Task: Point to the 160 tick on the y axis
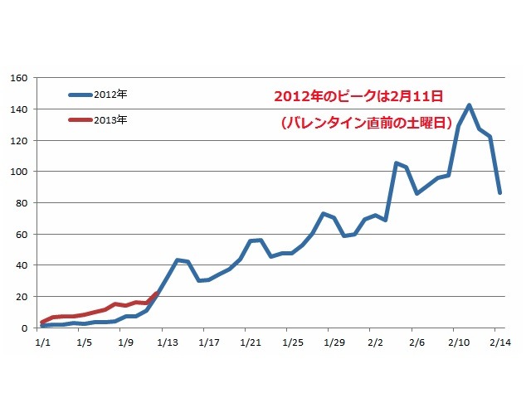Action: tap(19, 78)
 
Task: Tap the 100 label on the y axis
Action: tap(19, 172)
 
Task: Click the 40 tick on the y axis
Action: tap(22, 265)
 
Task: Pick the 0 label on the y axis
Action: tap(25, 328)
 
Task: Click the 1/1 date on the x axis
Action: tap(41, 341)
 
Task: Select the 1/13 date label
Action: tap(167, 341)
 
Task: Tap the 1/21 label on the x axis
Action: tap(250, 341)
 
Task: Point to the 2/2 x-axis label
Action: tap(374, 341)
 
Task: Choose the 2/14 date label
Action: tap(499, 341)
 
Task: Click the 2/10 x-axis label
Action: tap(457, 341)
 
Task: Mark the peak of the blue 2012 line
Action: tap(470, 105)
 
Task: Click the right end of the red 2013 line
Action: tap(156, 293)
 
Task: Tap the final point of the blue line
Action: tap(500, 193)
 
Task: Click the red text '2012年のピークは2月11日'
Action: tap(361, 96)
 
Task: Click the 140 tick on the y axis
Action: tap(19, 109)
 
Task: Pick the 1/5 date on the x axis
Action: tap(83, 341)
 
